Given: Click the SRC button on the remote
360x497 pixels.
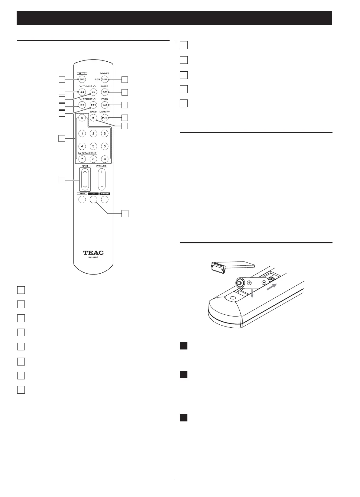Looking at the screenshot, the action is pyautogui.click(x=82, y=80).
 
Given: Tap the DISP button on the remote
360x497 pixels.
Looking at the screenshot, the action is pyautogui.click(x=105, y=80).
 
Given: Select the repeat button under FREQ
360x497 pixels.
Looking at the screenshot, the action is pyautogui.click(x=105, y=105).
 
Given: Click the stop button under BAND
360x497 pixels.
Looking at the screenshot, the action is pyautogui.click(x=93, y=118).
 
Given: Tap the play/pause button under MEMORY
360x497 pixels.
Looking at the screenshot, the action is pyautogui.click(x=105, y=118).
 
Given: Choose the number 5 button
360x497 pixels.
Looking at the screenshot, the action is pyautogui.click(x=93, y=146).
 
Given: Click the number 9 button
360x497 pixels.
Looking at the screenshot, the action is pyautogui.click(x=105, y=159).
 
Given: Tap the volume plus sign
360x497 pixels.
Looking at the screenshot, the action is pyautogui.click(x=102, y=172).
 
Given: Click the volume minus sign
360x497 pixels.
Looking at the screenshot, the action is pyautogui.click(x=102, y=186).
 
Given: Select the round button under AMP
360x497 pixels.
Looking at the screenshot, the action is pyautogui.click(x=82, y=200).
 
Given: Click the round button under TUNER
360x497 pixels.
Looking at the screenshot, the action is pyautogui.click(x=105, y=200).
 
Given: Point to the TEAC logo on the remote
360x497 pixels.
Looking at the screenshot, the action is pyautogui.click(x=93, y=253).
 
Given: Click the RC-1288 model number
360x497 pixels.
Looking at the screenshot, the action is pyautogui.click(x=93, y=258).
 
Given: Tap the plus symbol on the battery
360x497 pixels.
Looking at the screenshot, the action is pyautogui.click(x=249, y=283).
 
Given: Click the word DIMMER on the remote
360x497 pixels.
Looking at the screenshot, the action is pyautogui.click(x=105, y=73).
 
